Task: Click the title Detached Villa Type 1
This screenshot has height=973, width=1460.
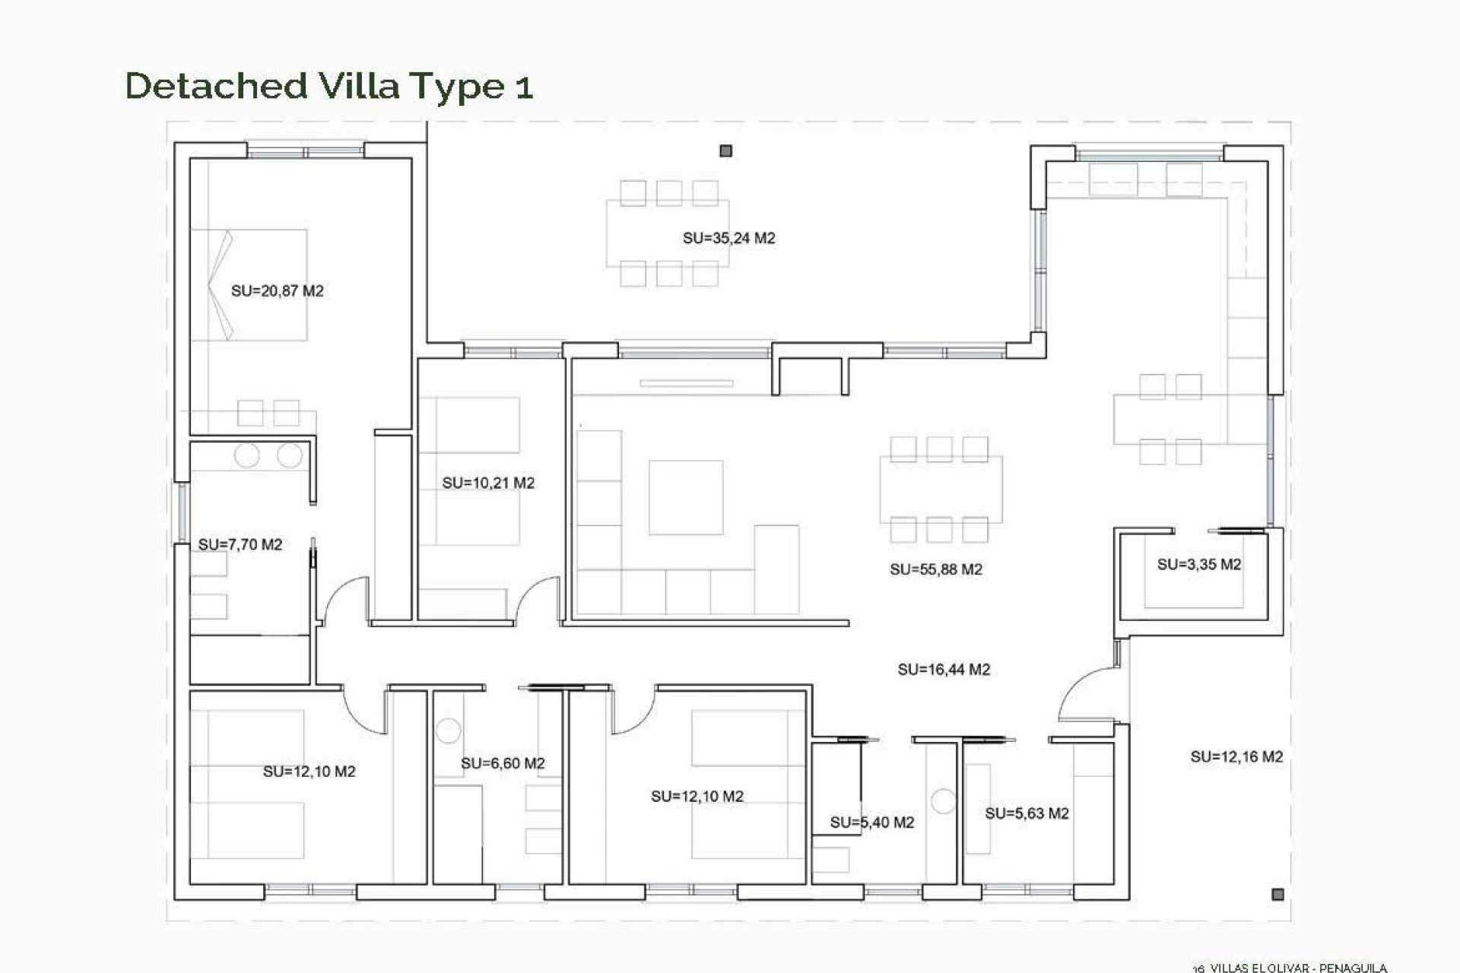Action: coord(328,85)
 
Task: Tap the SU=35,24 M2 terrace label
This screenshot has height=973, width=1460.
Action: coord(728,238)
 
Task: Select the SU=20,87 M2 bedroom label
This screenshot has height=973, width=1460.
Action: coord(277,290)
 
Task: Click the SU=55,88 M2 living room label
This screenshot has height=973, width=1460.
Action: coord(935,569)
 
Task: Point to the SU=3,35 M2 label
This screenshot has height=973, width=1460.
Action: coord(1198,564)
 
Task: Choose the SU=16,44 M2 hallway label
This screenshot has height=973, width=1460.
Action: coord(943,670)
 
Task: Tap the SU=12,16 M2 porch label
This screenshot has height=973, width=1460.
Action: coord(1236,756)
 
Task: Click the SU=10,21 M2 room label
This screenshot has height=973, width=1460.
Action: coord(488,483)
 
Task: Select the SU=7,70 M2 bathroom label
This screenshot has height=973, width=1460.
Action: coord(240,544)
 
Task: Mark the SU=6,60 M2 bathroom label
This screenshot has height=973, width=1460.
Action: coord(503,763)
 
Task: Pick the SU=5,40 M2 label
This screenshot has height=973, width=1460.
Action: coord(871,822)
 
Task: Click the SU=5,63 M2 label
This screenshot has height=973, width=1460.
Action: coord(1027,813)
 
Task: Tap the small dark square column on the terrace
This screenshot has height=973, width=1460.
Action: coord(725,151)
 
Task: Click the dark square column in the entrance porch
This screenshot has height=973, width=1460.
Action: coord(1277,894)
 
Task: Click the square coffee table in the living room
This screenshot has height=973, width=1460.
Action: coord(685,497)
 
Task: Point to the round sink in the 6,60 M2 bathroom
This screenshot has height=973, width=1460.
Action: coord(448,731)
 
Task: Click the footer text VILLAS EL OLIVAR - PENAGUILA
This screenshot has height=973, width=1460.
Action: coord(1297,968)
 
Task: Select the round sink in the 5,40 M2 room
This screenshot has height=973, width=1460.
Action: coord(943,801)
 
